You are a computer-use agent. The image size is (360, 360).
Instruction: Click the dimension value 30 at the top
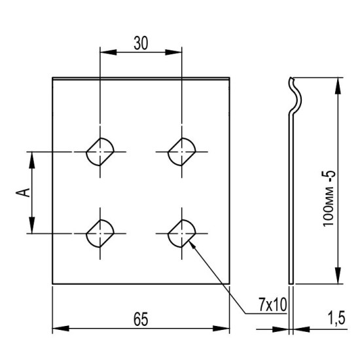(141, 43)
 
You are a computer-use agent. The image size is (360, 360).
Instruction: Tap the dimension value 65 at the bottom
(141, 319)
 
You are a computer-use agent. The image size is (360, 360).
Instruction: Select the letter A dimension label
(23, 192)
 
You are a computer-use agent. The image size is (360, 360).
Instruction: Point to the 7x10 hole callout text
(273, 305)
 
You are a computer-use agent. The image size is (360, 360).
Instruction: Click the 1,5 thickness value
(336, 318)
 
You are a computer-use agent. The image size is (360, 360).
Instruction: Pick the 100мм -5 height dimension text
(329, 198)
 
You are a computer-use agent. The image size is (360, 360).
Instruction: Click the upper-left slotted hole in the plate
(100, 152)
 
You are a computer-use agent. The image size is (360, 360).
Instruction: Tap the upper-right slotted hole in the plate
(182, 152)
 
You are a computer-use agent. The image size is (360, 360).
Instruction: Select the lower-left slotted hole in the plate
(100, 234)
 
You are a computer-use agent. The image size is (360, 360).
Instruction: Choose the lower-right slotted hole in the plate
(182, 234)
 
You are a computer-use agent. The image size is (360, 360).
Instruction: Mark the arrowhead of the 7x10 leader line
(192, 245)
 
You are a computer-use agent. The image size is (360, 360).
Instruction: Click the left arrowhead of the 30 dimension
(109, 52)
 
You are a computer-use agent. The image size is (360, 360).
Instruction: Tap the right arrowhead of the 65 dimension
(221, 329)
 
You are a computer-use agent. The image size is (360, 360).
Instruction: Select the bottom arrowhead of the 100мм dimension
(338, 276)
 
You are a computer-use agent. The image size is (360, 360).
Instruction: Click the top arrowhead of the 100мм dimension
(338, 86)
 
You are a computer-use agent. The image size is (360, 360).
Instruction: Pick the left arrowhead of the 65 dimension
(61, 329)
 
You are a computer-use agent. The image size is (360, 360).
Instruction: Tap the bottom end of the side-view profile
(291, 283)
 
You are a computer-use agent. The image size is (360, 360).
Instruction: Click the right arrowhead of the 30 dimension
(173, 52)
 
